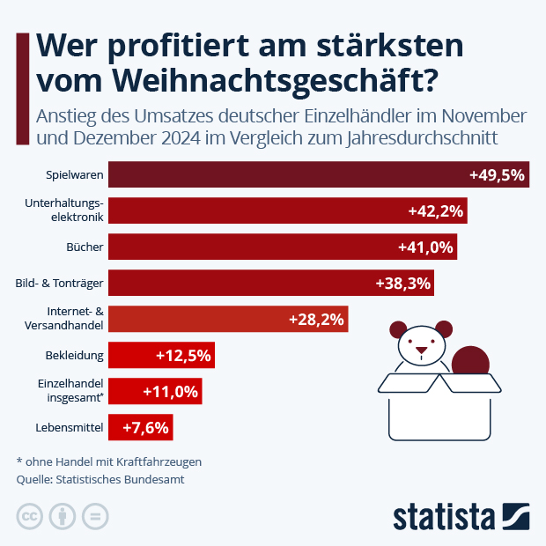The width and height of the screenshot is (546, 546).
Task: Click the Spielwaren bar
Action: point(318,175)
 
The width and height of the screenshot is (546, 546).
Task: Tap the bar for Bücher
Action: point(282,247)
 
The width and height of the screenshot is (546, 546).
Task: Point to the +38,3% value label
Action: point(403,284)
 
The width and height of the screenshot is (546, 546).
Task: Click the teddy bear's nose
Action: point(421,349)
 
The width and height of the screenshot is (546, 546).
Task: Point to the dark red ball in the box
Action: point(470,364)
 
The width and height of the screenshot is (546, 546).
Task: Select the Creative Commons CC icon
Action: point(30,516)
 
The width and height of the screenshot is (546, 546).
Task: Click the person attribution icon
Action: point(63,516)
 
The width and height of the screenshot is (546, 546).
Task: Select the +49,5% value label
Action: point(498,175)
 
